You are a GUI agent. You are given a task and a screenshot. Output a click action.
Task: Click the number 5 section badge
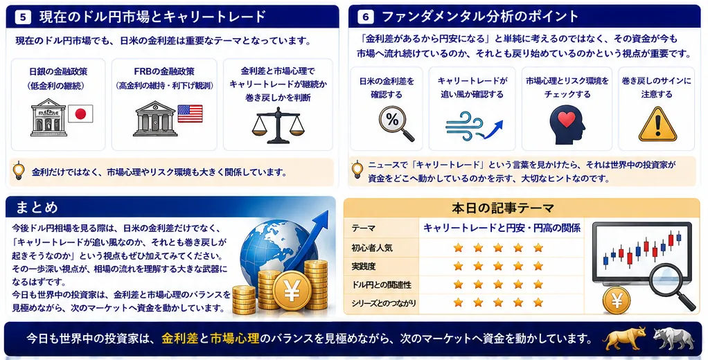click(x=23, y=17)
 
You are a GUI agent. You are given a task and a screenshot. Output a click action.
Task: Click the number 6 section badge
click(x=365, y=17)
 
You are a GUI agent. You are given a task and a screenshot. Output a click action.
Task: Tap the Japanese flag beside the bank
click(x=80, y=114)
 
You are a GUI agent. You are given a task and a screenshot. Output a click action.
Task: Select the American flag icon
click(x=190, y=114)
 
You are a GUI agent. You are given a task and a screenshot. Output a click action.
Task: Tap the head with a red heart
click(x=567, y=125)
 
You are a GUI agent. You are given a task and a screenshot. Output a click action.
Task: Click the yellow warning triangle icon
click(x=657, y=125)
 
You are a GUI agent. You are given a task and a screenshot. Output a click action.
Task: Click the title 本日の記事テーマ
click(x=502, y=208)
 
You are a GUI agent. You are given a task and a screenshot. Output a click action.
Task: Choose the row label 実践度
click(x=364, y=266)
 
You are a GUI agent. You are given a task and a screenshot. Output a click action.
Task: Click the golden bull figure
click(x=626, y=339)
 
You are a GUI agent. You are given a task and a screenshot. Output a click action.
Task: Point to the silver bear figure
click(x=673, y=339)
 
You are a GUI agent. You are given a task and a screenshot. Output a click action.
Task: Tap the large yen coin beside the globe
click(x=292, y=291)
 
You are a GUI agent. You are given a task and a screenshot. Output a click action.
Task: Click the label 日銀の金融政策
click(x=58, y=71)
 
